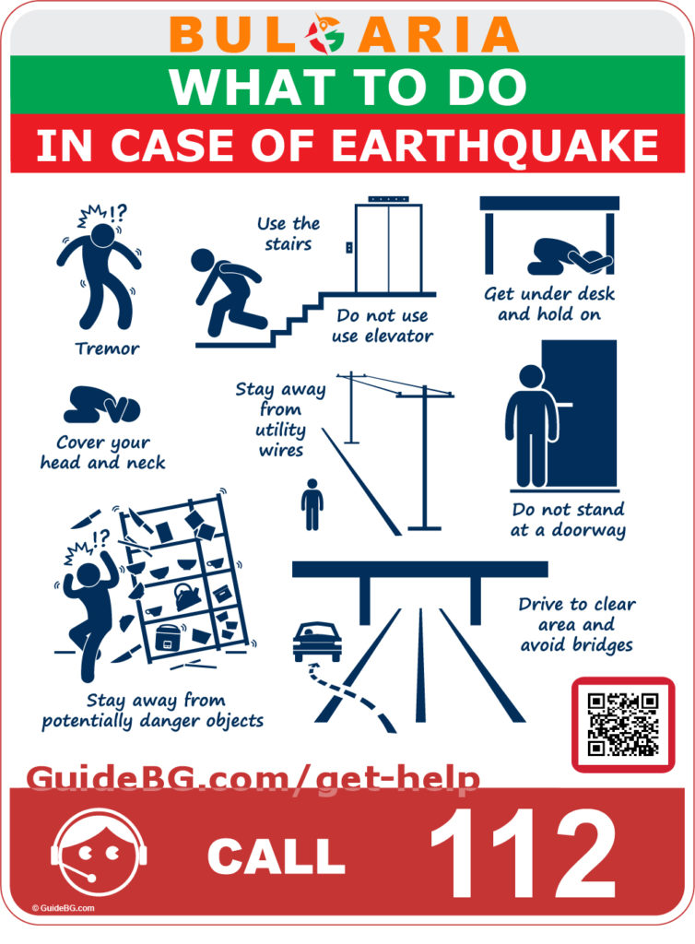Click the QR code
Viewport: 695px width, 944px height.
pyautogui.click(x=623, y=725)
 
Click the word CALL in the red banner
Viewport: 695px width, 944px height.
pyautogui.click(x=276, y=856)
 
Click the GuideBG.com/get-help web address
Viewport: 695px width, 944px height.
pyautogui.click(x=253, y=780)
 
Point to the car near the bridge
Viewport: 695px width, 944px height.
pyautogui.click(x=316, y=639)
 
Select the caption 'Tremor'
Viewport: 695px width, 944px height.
pyautogui.click(x=108, y=348)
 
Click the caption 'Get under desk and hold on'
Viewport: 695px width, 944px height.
pyautogui.click(x=549, y=304)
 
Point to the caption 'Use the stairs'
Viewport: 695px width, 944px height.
pyautogui.click(x=289, y=234)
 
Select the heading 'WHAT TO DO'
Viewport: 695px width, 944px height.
pyautogui.click(x=347, y=86)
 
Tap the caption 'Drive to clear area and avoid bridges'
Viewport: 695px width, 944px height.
pyautogui.click(x=577, y=625)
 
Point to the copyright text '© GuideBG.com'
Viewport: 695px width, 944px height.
pyautogui.click(x=63, y=908)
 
